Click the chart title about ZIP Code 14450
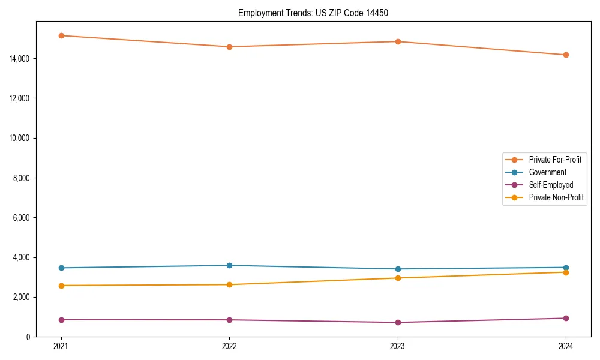pyautogui.click(x=313, y=13)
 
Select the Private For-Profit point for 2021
pyautogui.click(x=61, y=35)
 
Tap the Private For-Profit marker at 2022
pyautogui.click(x=229, y=47)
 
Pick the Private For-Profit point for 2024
pyautogui.click(x=566, y=55)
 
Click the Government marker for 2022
pyautogui.click(x=229, y=265)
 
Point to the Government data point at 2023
pyautogui.click(x=398, y=269)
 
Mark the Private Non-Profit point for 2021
pyautogui.click(x=61, y=286)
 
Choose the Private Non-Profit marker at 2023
pyautogui.click(x=398, y=278)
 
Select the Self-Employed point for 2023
pyautogui.click(x=398, y=322)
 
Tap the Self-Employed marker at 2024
pyautogui.click(x=566, y=318)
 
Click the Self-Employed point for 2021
pyautogui.click(x=61, y=320)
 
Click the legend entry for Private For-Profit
pyautogui.click(x=555, y=160)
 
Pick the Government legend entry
pyautogui.click(x=547, y=172)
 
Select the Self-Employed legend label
pyautogui.click(x=551, y=185)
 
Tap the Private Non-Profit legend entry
pyautogui.click(x=556, y=197)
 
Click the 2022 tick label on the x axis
pyautogui.click(x=229, y=346)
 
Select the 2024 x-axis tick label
pyautogui.click(x=566, y=346)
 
